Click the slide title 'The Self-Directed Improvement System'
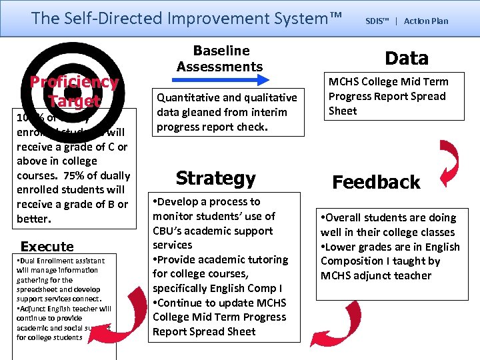coord(187,18)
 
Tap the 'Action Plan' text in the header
coord(426,21)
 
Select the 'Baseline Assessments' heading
coord(219,59)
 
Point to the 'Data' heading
coord(407,59)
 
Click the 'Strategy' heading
coord(215,178)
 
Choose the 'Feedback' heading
coord(376,182)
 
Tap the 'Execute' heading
coord(47,247)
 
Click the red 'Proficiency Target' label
coord(74,91)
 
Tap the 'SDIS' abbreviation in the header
coord(377,21)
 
